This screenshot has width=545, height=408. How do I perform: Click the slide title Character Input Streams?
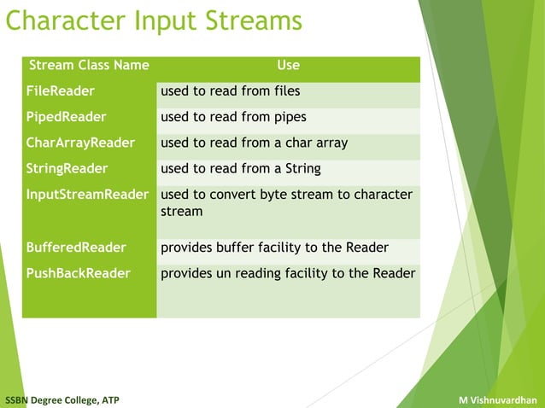tap(154, 20)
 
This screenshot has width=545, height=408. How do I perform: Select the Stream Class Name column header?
tap(89, 65)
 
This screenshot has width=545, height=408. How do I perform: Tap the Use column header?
tap(288, 65)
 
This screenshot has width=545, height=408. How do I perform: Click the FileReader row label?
tap(60, 90)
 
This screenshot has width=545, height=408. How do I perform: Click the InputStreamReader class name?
tap(88, 195)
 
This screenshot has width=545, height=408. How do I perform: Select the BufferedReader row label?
tap(76, 248)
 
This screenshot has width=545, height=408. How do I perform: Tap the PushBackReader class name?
tap(78, 273)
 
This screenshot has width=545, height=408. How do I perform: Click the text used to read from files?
tap(230, 90)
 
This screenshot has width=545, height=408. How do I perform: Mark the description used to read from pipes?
tap(233, 117)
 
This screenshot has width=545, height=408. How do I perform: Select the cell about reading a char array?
tap(254, 143)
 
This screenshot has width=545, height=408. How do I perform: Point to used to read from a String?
tap(240, 168)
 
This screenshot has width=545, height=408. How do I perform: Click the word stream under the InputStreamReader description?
tap(181, 211)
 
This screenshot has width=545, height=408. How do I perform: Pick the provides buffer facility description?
tap(274, 248)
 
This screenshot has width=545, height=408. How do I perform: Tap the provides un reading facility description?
tap(288, 273)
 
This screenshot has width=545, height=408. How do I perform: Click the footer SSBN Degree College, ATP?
tap(62, 399)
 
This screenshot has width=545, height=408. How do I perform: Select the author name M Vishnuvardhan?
tap(497, 399)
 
